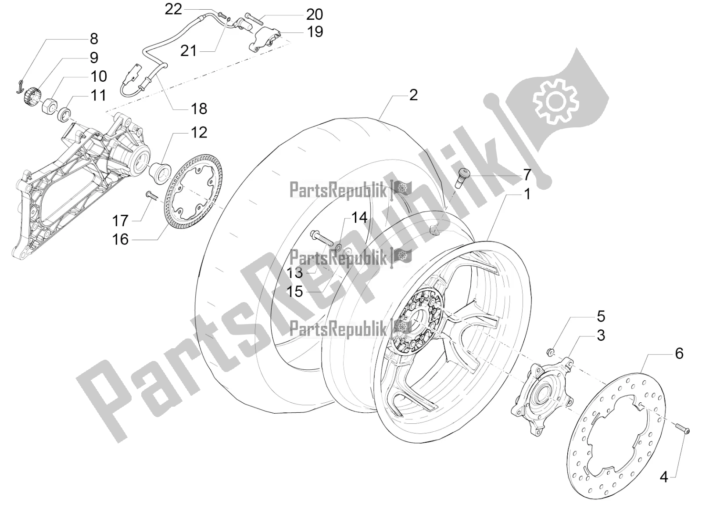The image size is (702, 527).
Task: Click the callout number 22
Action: click(173, 9)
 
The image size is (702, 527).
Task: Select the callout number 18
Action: click(199, 109)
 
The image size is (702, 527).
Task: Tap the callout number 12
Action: click(199, 133)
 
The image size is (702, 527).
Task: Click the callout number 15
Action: click(294, 292)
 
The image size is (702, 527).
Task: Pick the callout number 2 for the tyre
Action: click(413, 95)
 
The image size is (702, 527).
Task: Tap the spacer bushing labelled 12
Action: click(161, 173)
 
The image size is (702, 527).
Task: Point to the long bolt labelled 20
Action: click(254, 19)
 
